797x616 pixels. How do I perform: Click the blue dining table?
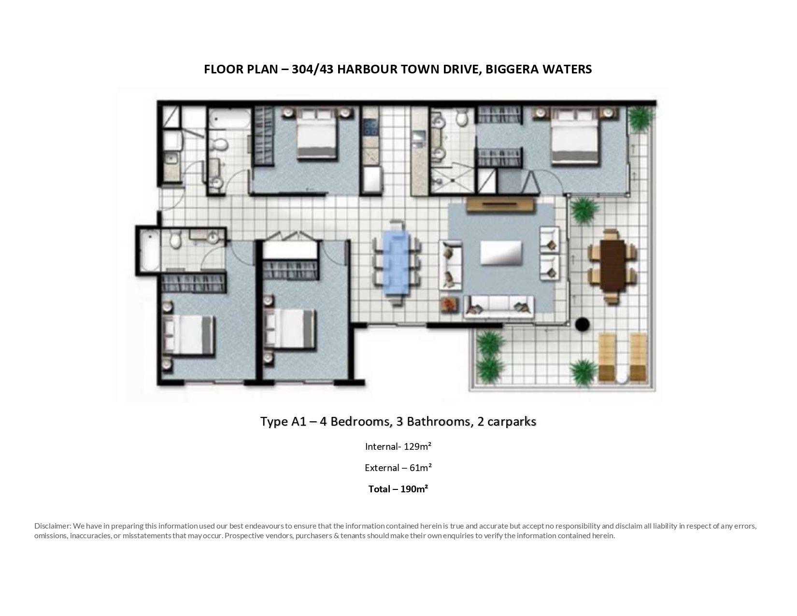[397, 263]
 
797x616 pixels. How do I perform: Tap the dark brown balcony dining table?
[612, 266]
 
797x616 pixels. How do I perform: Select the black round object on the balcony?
[582, 324]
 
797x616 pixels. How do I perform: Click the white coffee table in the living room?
[501, 252]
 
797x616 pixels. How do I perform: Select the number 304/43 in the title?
[313, 70]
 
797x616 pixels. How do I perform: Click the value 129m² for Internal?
[417, 446]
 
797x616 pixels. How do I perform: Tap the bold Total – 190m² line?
[398, 489]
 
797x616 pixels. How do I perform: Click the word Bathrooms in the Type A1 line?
[438, 422]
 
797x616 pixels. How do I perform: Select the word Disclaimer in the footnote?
[53, 526]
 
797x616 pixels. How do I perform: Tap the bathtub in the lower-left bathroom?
[150, 250]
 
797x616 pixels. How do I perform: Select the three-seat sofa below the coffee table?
[499, 306]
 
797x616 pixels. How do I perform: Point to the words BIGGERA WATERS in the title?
[539, 70]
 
